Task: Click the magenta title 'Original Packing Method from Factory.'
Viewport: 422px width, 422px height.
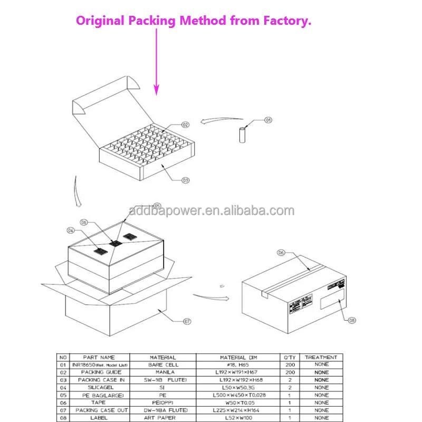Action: tap(194, 21)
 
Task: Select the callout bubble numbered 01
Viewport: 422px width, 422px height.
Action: tap(268, 120)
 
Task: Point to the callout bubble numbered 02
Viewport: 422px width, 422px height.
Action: tap(185, 125)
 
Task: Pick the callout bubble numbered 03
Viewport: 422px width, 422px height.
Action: tap(185, 180)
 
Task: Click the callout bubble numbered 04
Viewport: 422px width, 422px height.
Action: tap(70, 230)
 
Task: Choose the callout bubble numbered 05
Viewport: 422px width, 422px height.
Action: tap(157, 205)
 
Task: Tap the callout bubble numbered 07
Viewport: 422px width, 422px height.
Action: tap(187, 321)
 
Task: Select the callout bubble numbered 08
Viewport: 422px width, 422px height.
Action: tap(352, 320)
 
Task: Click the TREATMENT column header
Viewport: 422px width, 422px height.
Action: tap(321, 357)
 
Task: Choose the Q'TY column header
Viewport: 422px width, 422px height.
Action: tap(290, 357)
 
